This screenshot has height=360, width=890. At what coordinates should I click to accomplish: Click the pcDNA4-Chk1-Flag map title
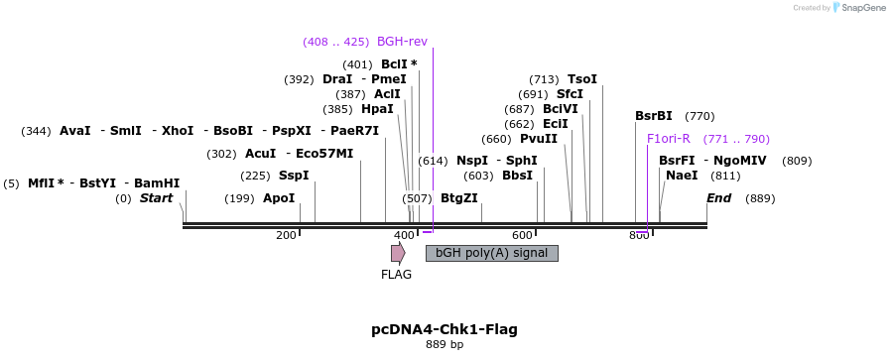(x=444, y=329)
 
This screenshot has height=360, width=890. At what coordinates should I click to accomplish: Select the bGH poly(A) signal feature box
(x=491, y=253)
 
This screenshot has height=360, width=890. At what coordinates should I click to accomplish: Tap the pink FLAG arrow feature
(x=398, y=253)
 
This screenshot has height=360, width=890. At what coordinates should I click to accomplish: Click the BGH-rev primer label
(x=402, y=42)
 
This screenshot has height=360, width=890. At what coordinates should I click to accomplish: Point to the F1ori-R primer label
(x=668, y=139)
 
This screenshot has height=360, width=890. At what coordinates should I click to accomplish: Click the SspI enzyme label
(x=294, y=176)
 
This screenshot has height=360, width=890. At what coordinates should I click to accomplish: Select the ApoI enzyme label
(x=279, y=198)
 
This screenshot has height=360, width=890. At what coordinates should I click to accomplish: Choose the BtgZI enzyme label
(x=458, y=198)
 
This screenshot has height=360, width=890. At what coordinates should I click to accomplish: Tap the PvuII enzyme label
(x=539, y=139)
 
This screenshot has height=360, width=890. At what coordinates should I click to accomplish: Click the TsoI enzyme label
(x=582, y=79)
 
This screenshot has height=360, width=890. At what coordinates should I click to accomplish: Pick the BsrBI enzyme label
(x=654, y=116)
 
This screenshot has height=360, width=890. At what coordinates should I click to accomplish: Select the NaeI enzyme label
(x=682, y=176)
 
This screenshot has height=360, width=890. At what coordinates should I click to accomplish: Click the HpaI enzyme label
(x=377, y=109)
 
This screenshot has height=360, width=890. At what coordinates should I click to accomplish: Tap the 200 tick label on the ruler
(x=286, y=235)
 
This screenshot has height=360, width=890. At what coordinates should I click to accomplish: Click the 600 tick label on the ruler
(x=522, y=235)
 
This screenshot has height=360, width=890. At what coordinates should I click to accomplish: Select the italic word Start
(x=156, y=198)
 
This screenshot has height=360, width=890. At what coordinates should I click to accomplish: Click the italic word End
(x=718, y=198)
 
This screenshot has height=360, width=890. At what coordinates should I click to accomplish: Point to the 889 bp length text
(x=444, y=345)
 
